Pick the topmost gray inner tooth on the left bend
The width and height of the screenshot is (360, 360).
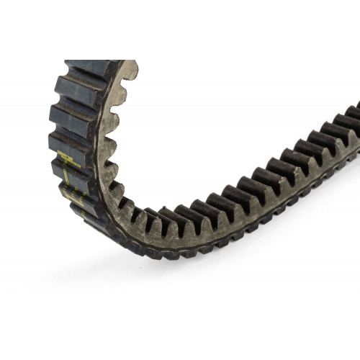tap(130, 70)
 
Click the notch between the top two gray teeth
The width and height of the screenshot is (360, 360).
tap(124, 81)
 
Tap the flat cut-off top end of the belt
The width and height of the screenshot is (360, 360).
tap(94, 63)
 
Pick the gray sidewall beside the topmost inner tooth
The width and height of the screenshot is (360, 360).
tap(119, 72)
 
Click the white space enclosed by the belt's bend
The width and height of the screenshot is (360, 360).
tap(216, 108)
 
